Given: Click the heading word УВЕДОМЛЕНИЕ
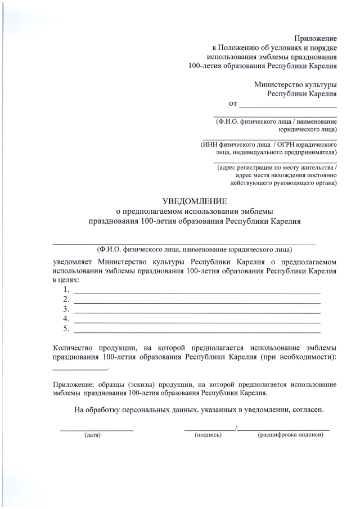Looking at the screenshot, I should click(x=194, y=201).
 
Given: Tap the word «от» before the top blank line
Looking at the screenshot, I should click(x=233, y=103).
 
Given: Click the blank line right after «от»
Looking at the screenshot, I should click(x=288, y=106).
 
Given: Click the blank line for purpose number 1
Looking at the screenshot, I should click(x=197, y=293).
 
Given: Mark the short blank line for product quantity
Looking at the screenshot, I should click(x=79, y=368).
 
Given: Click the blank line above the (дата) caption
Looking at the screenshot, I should click(x=97, y=430).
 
